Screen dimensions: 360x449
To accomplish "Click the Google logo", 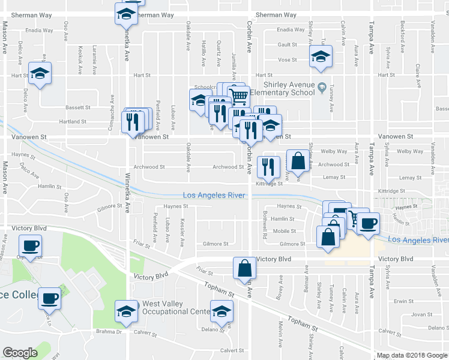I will (x=20, y=353).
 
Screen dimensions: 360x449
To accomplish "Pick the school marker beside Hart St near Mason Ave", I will (x=40, y=73).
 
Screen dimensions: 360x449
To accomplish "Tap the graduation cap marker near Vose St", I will (x=321, y=58).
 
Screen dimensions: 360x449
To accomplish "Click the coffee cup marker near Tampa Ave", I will (x=368, y=224).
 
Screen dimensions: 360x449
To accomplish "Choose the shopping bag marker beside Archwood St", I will (x=298, y=160).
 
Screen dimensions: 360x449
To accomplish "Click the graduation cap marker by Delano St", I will (x=221, y=311).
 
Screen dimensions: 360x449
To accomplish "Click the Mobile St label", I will (x=284, y=231).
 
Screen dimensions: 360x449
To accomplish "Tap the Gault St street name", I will (x=288, y=45).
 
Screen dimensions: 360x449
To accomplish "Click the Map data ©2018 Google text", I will (x=412, y=355).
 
